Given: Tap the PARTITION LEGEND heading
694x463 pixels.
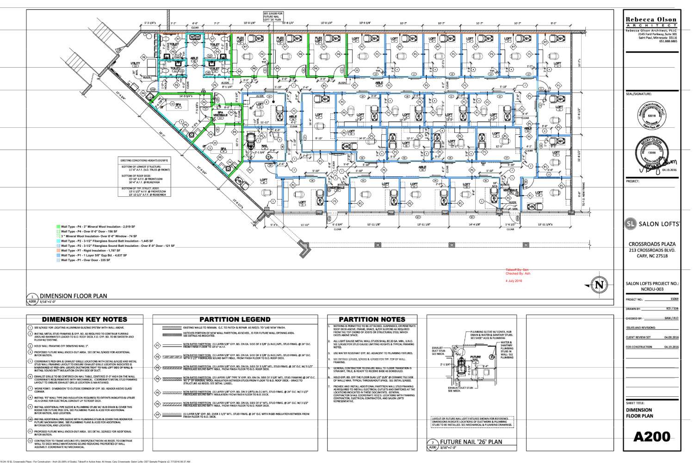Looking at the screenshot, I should point(235,319).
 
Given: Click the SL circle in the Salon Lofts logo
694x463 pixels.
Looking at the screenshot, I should point(631,223).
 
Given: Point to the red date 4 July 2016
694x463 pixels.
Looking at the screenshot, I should point(514,281).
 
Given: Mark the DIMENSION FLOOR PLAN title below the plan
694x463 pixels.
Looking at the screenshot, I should point(74,296).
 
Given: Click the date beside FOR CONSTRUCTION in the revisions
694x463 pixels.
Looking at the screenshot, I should point(671,346).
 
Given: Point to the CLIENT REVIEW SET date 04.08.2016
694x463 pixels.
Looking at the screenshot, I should point(671,338).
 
